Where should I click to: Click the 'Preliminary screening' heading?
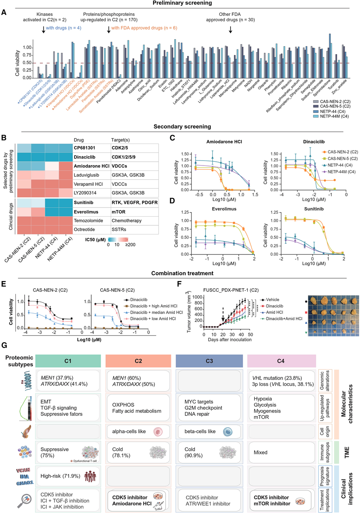click(x=180, y=4)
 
